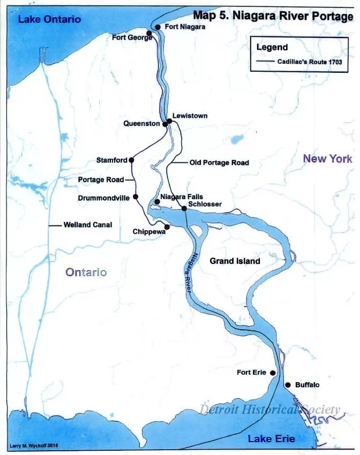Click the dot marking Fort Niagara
click(x=157, y=27)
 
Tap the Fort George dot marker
click(x=149, y=33)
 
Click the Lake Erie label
click(x=271, y=439)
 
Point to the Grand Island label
click(x=235, y=261)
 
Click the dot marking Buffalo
click(x=288, y=385)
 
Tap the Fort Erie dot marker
click(x=273, y=373)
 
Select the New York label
click(x=327, y=158)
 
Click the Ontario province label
click(x=86, y=272)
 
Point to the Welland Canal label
click(x=87, y=225)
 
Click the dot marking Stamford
click(x=131, y=160)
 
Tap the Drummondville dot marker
click(x=136, y=197)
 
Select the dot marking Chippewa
click(x=167, y=227)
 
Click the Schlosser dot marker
click(x=184, y=208)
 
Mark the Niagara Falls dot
click(x=156, y=202)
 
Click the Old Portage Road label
click(x=219, y=163)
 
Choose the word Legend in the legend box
click(x=272, y=47)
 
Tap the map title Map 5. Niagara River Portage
click(x=273, y=16)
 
